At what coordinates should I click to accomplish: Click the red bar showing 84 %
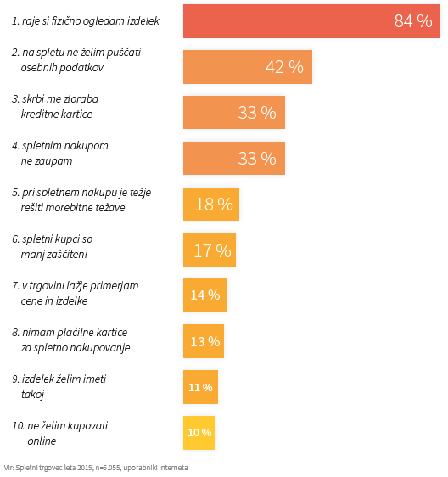click(311, 21)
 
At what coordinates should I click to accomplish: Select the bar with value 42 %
click(248, 67)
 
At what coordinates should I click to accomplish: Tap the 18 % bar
click(211, 204)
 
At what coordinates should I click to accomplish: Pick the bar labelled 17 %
click(210, 250)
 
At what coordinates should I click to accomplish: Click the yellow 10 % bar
click(199, 433)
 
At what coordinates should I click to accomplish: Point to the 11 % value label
click(200, 387)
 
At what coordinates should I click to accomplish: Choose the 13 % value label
click(205, 341)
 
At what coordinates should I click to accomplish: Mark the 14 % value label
click(205, 295)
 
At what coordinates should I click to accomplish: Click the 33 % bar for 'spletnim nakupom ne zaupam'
click(234, 158)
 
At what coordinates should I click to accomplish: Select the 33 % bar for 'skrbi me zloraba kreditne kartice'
click(234, 112)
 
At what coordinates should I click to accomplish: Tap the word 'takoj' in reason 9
click(32, 395)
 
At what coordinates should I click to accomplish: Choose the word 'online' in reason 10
click(42, 441)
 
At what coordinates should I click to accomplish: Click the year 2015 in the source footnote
click(86, 468)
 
